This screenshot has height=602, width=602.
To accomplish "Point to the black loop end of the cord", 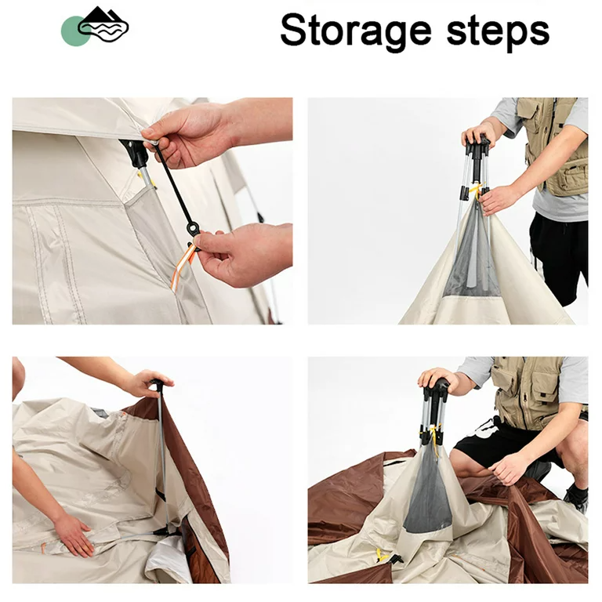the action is (x=193, y=228).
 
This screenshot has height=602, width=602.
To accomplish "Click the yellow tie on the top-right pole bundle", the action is (x=477, y=190).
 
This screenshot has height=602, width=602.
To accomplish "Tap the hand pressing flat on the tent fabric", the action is (x=73, y=534).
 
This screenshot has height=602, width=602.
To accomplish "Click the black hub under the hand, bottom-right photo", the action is (x=436, y=395).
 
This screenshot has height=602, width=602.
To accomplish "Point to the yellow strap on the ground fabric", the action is (x=381, y=556).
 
